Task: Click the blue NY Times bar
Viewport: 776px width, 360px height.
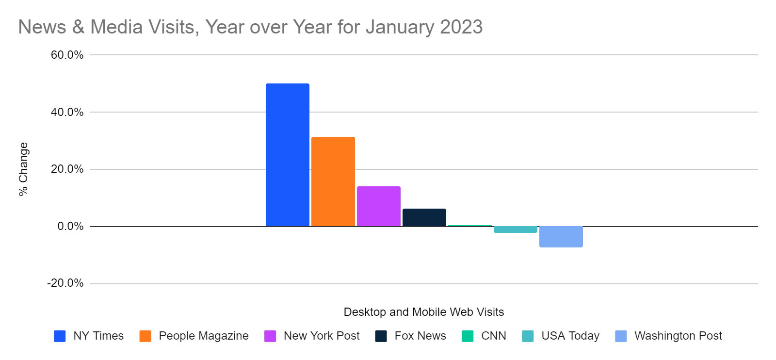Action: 287,155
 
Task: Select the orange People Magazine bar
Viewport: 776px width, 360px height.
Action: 333,181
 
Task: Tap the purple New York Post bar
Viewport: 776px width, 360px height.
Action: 378,206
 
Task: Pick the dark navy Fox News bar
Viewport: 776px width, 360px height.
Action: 424,217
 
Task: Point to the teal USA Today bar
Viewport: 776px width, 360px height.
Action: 515,229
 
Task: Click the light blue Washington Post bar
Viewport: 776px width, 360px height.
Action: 561,237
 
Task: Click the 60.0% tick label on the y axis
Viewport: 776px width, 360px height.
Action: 67,55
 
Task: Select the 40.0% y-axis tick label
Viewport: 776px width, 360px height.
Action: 67,112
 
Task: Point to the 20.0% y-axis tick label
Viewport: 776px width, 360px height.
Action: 67,169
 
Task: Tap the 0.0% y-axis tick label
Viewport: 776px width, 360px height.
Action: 70,226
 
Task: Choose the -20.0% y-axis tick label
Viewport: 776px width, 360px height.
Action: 65,283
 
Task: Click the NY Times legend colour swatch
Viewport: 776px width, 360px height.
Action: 60,336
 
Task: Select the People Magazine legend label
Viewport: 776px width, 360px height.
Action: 203,336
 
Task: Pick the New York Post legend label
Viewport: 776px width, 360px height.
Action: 322,336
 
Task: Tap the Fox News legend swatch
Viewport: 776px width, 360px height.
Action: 381,336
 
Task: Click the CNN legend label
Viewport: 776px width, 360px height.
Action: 493,336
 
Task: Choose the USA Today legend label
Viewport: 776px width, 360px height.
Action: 570,336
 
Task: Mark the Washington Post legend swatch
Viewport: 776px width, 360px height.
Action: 621,336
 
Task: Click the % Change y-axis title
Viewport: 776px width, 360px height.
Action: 23,169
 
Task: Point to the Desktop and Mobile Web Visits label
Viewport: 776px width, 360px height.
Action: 423,312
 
